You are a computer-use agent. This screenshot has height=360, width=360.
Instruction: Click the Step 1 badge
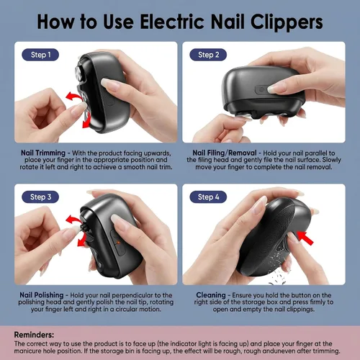[x=40, y=55]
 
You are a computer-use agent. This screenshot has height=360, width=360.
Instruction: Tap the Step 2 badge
[x=208, y=55]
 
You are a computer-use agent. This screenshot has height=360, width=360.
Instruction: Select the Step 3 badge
[x=40, y=197]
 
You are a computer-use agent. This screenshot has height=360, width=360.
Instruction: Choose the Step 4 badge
[x=208, y=197]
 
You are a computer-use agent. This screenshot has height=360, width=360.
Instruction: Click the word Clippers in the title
[x=287, y=22]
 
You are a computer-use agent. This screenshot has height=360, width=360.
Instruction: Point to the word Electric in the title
[x=173, y=22]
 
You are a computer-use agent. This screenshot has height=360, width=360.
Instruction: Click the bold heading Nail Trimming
[x=43, y=153]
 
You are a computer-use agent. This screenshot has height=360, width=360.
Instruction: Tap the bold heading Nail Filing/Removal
[x=225, y=153]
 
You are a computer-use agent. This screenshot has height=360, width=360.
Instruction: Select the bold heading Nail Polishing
[x=42, y=295]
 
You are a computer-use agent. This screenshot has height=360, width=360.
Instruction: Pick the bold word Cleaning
[x=211, y=295]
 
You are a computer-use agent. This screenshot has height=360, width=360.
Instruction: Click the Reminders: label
[x=34, y=335]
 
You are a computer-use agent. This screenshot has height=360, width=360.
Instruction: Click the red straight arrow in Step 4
[x=305, y=238]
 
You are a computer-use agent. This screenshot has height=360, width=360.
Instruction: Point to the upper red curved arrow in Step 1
[x=73, y=96]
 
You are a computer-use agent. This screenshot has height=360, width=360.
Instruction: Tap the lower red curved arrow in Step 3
[x=83, y=240]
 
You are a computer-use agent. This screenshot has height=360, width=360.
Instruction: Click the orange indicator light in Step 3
[x=118, y=243]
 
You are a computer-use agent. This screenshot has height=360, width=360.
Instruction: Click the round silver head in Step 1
[x=80, y=71]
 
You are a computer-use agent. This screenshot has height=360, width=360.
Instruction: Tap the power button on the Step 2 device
[x=261, y=90]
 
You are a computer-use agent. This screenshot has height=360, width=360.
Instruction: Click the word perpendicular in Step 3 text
[x=132, y=295]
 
